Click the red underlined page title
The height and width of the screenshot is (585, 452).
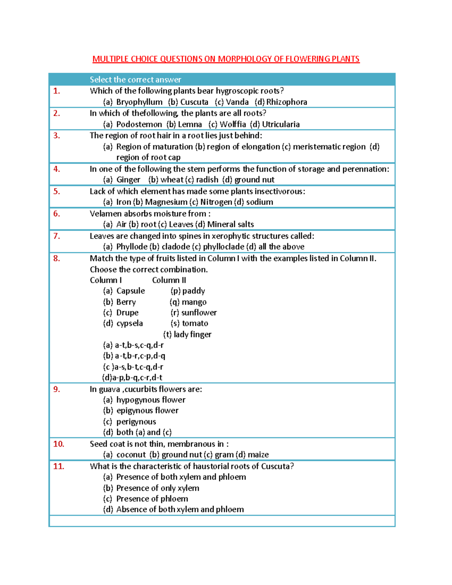tap(226, 59)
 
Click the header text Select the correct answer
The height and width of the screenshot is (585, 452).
tap(135, 80)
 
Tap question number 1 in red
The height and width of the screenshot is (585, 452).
tap(57, 91)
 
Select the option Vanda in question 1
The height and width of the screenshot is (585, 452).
tap(237, 102)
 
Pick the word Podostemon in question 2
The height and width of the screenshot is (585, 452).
tap(139, 124)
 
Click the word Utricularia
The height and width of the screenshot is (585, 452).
tap(281, 124)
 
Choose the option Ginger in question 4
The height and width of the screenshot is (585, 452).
tap(128, 180)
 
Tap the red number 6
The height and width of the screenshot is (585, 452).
tap(56, 214)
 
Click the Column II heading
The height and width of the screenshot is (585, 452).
tap(169, 280)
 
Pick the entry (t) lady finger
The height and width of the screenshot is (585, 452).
tap(187, 335)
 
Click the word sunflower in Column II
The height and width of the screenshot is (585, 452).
tap(199, 313)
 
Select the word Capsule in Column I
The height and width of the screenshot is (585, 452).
tap(130, 291)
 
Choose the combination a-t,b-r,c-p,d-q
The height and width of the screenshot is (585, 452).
tap(134, 356)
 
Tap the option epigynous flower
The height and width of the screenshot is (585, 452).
tap(147, 411)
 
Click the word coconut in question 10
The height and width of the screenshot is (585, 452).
tap(131, 455)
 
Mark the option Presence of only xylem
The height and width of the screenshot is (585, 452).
tap(157, 488)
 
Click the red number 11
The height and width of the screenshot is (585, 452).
tap(58, 466)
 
